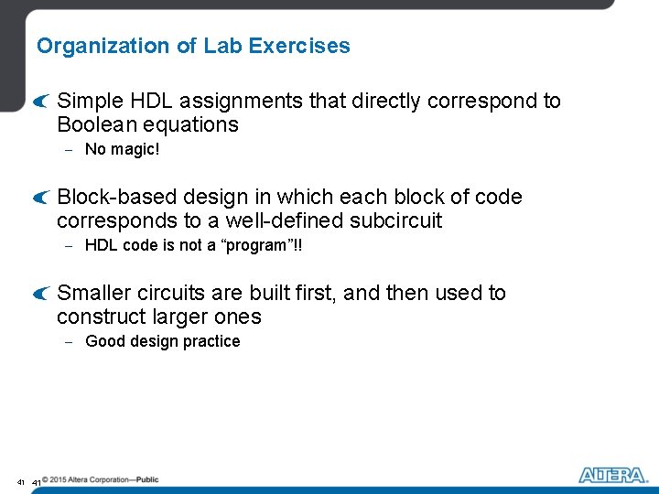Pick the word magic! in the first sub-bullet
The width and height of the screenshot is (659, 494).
[x=135, y=149]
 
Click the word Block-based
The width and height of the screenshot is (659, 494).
[x=117, y=197]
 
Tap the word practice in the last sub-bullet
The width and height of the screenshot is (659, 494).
[x=210, y=341]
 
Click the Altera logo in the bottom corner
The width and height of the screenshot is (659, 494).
[x=610, y=476]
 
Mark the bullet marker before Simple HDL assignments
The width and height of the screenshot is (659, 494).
[x=38, y=102]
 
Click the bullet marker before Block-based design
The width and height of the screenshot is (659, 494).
[x=38, y=198]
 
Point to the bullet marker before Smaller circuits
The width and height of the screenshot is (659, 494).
[x=38, y=294]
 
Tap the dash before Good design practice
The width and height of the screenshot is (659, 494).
[x=69, y=342]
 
